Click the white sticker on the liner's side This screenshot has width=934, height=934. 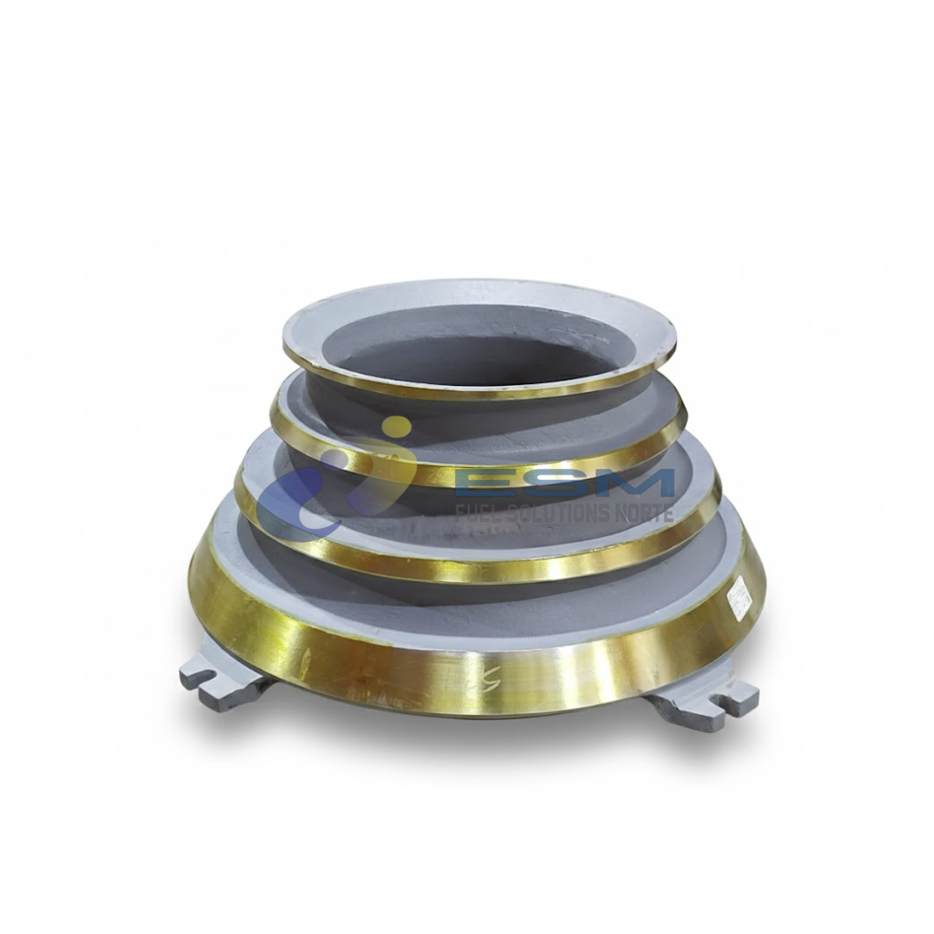pyautogui.click(x=739, y=597)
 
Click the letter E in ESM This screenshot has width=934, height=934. pyautogui.click(x=497, y=483)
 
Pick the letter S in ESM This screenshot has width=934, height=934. pyautogui.click(x=569, y=483)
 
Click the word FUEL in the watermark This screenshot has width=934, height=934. pyautogui.click(x=478, y=513)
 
